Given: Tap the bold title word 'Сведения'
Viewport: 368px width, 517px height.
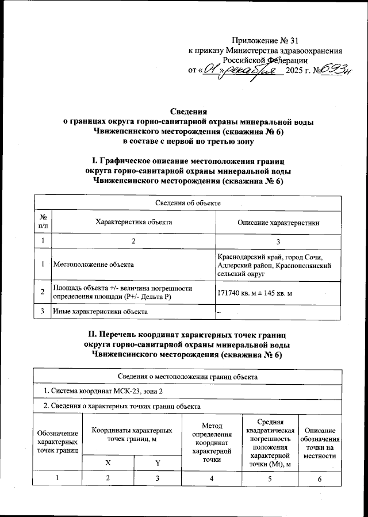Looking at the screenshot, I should (x=189, y=112).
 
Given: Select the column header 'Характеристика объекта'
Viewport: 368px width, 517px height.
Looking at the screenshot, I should (x=133, y=222).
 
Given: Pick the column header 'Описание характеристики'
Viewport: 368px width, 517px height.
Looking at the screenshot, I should (x=278, y=222).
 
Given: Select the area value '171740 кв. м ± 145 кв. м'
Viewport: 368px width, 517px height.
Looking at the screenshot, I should (x=255, y=293).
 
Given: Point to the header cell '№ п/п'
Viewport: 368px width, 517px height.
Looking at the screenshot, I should (x=43, y=222).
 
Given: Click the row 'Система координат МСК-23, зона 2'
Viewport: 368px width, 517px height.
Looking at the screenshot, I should (x=100, y=391).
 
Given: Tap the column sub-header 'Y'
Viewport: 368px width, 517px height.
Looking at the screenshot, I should (x=157, y=462).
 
